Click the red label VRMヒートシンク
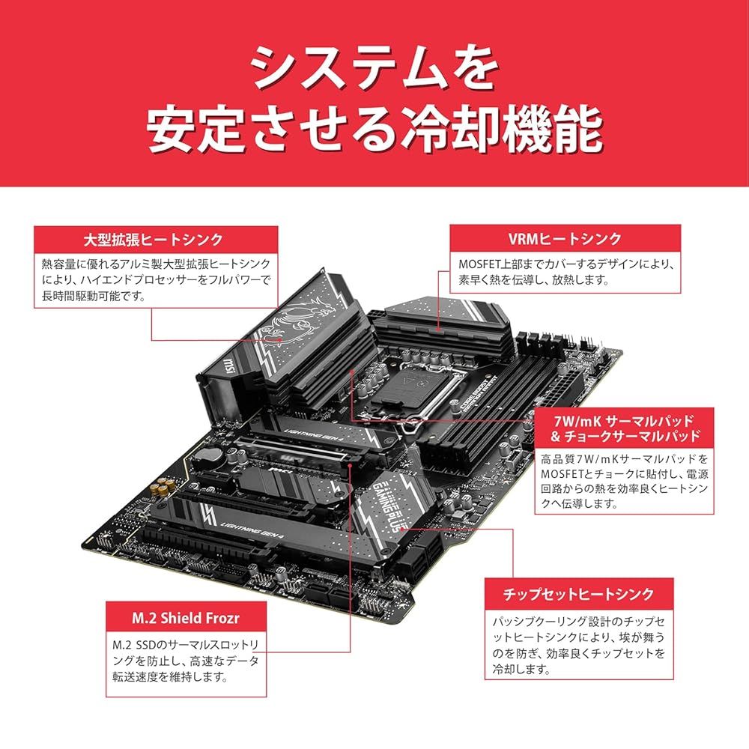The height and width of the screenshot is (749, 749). pos(565,239)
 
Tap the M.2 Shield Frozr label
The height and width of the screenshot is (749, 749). pos(186,618)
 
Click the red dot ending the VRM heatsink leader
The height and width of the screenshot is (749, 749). pos(437,327)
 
